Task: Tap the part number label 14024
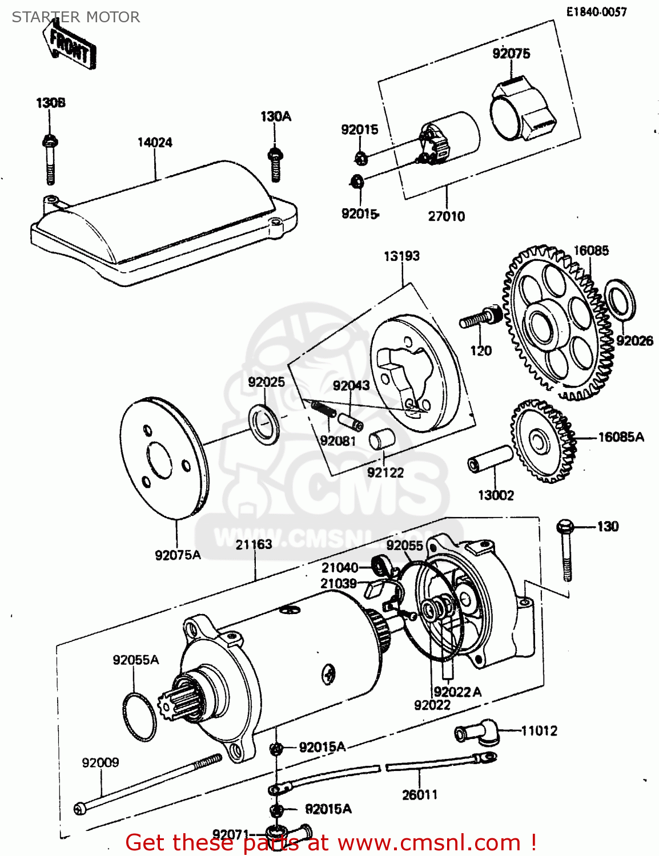[x=154, y=142]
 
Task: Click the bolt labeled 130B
[x=50, y=160]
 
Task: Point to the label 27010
[x=446, y=216]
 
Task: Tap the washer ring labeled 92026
[x=620, y=299]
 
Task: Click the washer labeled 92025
[x=264, y=424]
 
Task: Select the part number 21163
[x=254, y=544]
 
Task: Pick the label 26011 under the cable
[x=419, y=794]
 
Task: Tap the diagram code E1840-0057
[x=596, y=12]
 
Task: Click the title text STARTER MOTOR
[x=76, y=17]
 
